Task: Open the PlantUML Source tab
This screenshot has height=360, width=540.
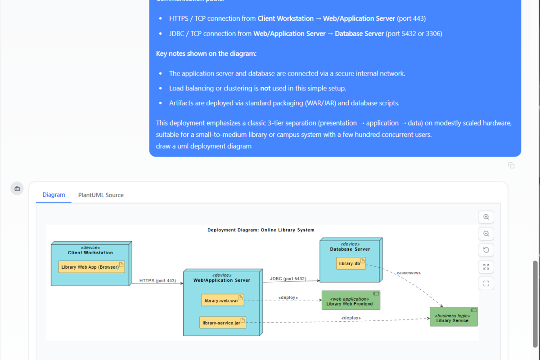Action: [101, 195]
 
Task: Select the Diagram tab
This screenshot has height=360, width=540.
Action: [54, 195]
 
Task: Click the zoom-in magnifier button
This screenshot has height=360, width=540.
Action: [486, 217]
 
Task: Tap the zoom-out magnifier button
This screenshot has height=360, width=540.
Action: [486, 234]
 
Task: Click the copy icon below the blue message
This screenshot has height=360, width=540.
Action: [511, 166]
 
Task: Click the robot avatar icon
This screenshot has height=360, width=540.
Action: [17, 189]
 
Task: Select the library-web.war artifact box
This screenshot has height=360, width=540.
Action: [223, 300]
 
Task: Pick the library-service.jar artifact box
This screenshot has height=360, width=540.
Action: [223, 323]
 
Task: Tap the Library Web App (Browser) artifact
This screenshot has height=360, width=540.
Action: [91, 267]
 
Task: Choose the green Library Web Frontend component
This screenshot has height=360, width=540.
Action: [351, 300]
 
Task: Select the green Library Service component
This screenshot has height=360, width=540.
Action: [453, 317]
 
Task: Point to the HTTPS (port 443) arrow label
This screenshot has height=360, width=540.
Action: [157, 281]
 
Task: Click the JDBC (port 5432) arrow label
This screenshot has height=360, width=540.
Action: [288, 279]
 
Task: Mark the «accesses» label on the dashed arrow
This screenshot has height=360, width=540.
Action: [408, 273]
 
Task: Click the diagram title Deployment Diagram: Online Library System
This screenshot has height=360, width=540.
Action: [261, 230]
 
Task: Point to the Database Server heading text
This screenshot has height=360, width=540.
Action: [350, 249]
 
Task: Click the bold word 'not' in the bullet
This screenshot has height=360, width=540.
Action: [265, 88]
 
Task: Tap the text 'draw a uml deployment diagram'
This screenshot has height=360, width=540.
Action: [204, 146]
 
